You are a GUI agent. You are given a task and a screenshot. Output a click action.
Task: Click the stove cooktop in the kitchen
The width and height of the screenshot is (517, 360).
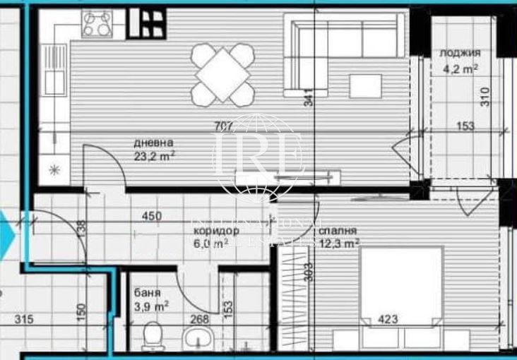[97, 25]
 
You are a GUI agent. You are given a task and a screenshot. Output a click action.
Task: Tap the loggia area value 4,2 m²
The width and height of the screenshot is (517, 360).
[460, 68]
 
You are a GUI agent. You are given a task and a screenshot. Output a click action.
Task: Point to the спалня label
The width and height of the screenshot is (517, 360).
[337, 231]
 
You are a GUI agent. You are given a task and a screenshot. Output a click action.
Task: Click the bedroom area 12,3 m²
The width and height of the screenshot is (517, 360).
[338, 244]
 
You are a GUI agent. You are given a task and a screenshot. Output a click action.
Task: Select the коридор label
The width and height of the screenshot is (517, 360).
[215, 231]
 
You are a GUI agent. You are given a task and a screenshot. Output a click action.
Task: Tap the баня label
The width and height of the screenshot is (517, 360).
[147, 293]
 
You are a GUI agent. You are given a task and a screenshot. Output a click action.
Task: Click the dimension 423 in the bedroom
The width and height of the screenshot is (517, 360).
[388, 320]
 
